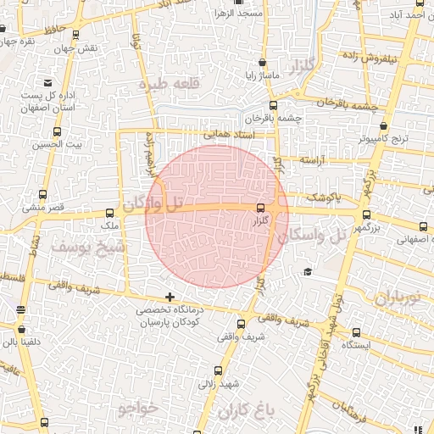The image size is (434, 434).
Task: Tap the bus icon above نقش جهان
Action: pos(77,35)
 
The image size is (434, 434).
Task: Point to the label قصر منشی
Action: pos(38,207)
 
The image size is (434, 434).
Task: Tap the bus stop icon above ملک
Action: pos(109,214)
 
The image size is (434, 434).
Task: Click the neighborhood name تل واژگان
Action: pos(153,203)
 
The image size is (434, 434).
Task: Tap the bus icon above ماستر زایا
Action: pos(261,62)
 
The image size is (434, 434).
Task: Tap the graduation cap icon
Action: pos(308,271)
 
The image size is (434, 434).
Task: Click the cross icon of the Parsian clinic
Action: pos(171,298)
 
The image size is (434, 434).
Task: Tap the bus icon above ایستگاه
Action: pos(356,332)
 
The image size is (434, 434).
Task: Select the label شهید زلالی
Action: pos(219,384)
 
